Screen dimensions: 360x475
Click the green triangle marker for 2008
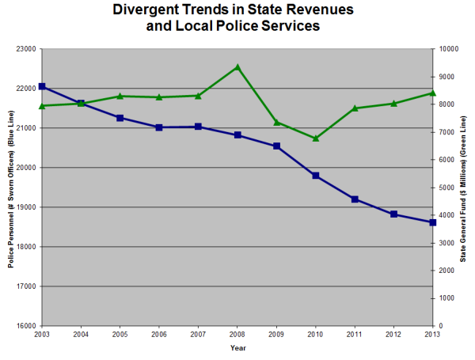coord(237,66)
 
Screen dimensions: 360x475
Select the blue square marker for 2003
coord(42,86)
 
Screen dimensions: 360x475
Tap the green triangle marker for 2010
coord(315,138)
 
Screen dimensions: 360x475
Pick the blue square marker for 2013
coord(433,222)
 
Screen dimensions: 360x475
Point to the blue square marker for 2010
coord(315,176)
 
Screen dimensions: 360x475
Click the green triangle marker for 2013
coord(433,93)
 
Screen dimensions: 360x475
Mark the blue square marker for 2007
coord(198,127)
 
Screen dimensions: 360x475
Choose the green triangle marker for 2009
coord(276,122)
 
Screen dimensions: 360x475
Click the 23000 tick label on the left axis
coord(27,49)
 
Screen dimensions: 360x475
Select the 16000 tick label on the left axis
coord(27,326)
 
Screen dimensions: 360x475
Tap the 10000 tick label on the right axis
coord(449,49)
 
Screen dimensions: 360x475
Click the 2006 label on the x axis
coord(159,335)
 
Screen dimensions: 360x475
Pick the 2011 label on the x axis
coord(355,335)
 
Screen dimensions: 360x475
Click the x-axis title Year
coord(237,348)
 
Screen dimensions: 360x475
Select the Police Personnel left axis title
coord(12,188)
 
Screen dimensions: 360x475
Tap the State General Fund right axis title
coord(463,188)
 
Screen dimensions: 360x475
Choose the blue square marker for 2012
coord(393,214)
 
